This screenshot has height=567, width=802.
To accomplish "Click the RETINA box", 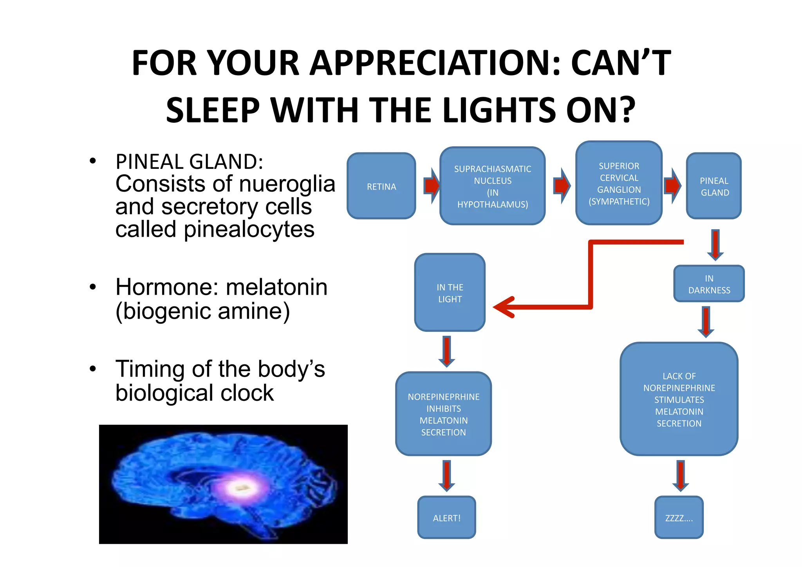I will [x=381, y=186].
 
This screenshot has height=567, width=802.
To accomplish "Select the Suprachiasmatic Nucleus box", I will [x=492, y=186].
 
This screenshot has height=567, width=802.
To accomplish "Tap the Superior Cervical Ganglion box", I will [x=619, y=183].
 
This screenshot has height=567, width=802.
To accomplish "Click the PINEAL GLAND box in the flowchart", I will [x=714, y=186].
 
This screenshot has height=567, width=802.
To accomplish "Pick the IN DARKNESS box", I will [x=709, y=284].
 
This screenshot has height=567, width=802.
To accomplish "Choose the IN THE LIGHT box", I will [x=450, y=293].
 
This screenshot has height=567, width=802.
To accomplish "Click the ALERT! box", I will [x=446, y=518].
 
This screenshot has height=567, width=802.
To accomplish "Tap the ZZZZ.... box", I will [x=679, y=518].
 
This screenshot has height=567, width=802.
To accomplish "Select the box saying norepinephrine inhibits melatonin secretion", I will [x=443, y=414].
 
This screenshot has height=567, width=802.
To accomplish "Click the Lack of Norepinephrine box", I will [x=679, y=399].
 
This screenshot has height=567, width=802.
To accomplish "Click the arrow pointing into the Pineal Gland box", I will [x=672, y=186].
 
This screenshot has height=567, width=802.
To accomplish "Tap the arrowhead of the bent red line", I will [x=503, y=307].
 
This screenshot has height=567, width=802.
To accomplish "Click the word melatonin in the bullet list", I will [x=276, y=287].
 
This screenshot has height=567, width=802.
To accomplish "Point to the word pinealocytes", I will [x=249, y=229].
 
